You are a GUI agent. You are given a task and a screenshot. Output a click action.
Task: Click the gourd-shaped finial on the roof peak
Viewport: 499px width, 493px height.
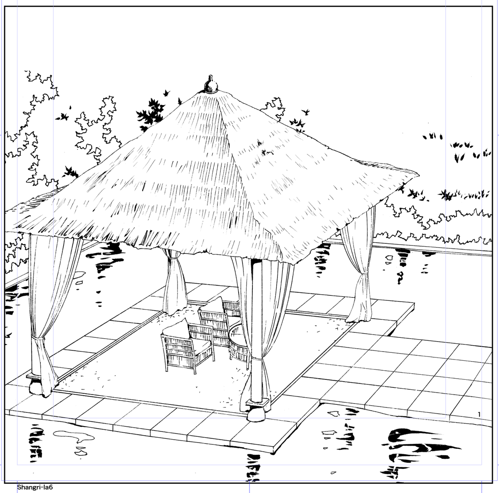click(210, 84)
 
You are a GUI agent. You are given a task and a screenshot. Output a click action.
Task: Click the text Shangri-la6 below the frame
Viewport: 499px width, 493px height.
click(35, 487)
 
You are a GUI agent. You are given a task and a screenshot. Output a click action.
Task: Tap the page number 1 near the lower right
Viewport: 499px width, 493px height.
click(479, 414)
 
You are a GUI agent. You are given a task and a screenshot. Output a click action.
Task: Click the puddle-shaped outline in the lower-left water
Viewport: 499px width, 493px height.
click(74, 436)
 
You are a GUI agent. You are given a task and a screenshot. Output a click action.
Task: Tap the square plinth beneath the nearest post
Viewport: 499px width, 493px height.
click(257, 403)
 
